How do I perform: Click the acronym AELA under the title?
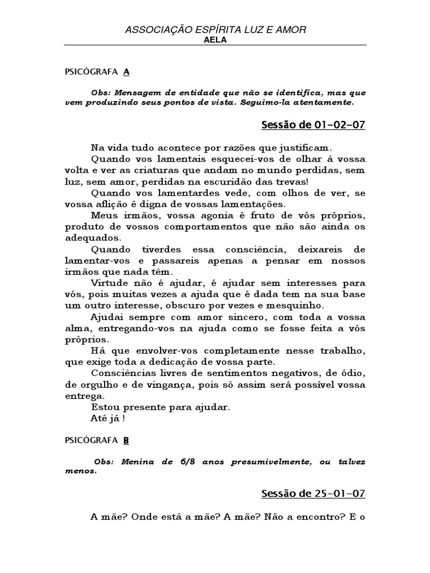click(215, 40)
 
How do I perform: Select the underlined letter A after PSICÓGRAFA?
click(126, 72)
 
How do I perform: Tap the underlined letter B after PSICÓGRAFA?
click(126, 440)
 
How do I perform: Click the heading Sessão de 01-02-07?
click(313, 125)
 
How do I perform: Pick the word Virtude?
click(109, 283)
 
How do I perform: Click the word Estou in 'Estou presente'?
click(104, 407)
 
